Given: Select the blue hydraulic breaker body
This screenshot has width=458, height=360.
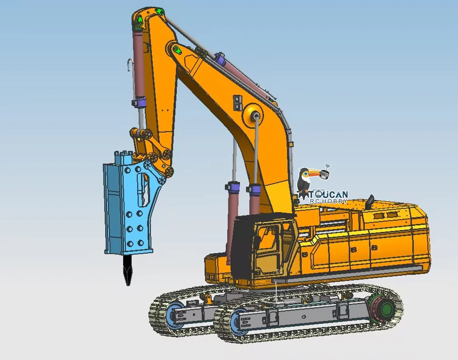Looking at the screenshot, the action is pyautogui.click(x=129, y=205).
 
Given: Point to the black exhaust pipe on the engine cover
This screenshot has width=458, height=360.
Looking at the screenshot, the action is pyautogui.click(x=370, y=202).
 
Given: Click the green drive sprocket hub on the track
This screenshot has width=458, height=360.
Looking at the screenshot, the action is pyautogui.click(x=387, y=308).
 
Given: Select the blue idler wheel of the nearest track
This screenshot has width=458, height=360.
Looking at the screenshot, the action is pyautogui.click(x=238, y=321).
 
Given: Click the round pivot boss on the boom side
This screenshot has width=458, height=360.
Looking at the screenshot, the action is pyautogui.click(x=253, y=115).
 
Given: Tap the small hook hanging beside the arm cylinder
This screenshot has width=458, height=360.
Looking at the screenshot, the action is pyautogui.click(x=129, y=65).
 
